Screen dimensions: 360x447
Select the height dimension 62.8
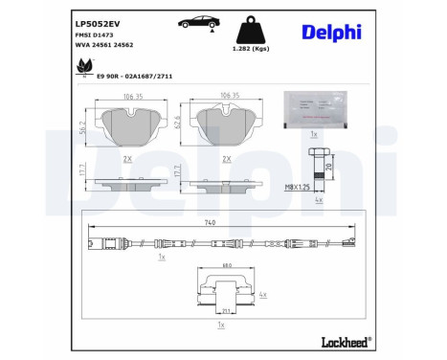(180, 123)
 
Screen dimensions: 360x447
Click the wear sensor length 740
(222, 222)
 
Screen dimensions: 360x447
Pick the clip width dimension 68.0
(227, 265)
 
